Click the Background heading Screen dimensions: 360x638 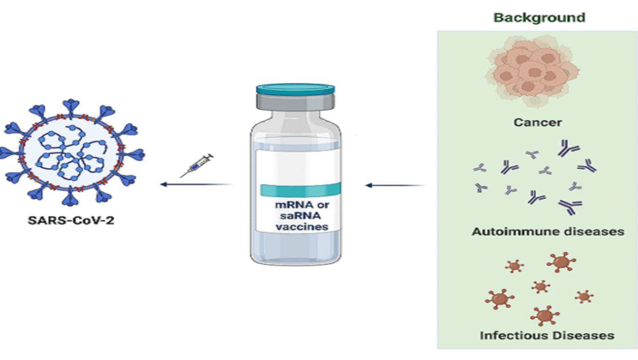click(539, 17)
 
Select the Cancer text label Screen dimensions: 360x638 click(538, 123)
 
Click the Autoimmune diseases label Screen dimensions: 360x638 click(538, 231)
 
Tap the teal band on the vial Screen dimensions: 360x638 click(294, 189)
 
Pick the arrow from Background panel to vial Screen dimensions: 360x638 click(394, 183)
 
